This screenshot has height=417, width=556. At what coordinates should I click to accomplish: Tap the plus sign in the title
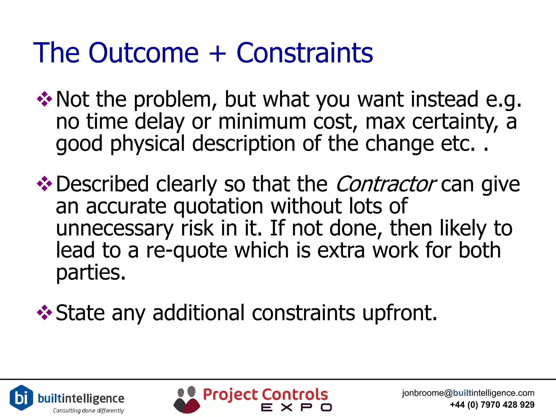click(217, 53)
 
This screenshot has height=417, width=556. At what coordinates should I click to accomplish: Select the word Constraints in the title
click(305, 53)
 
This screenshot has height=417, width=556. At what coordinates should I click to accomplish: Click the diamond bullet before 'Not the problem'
click(44, 99)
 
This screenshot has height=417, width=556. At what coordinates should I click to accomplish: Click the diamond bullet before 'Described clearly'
click(44, 184)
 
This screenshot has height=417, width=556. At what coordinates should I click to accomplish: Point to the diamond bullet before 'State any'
click(44, 312)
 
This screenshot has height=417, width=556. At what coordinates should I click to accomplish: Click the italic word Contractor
click(386, 184)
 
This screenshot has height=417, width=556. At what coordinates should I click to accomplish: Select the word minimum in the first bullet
click(262, 121)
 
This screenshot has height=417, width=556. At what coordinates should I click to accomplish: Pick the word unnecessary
click(115, 229)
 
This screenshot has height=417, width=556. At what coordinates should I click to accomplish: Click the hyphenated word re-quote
click(187, 250)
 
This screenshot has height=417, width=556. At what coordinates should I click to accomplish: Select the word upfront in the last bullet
click(399, 313)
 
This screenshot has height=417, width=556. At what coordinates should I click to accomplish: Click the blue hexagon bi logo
click(21, 397)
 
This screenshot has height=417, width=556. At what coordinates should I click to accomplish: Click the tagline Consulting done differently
click(88, 410)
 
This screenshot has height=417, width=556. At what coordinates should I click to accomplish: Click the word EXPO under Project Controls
click(296, 407)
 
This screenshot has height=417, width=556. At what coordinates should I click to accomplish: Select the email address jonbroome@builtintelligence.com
click(468, 393)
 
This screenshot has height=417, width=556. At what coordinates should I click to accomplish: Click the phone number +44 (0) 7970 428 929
click(492, 405)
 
